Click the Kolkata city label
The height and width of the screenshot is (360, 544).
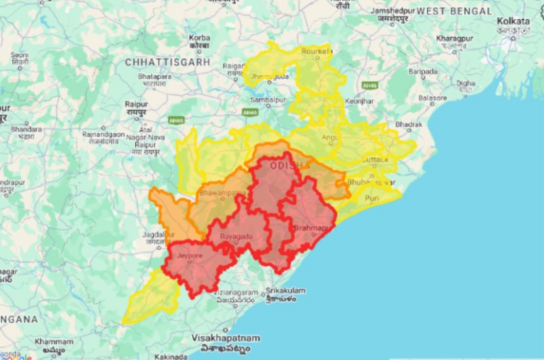point(514,21)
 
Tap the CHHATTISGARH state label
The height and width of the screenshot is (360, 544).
point(167,62)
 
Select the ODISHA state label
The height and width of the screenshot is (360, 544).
point(290,164)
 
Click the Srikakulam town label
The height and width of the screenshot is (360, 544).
point(285,291)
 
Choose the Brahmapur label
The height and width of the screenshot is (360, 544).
point(312,227)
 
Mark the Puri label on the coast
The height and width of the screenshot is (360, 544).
point(372,198)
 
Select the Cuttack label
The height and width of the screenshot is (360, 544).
point(375,159)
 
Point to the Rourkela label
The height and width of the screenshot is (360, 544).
point(315,52)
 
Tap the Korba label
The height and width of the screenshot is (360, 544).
point(199,37)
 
